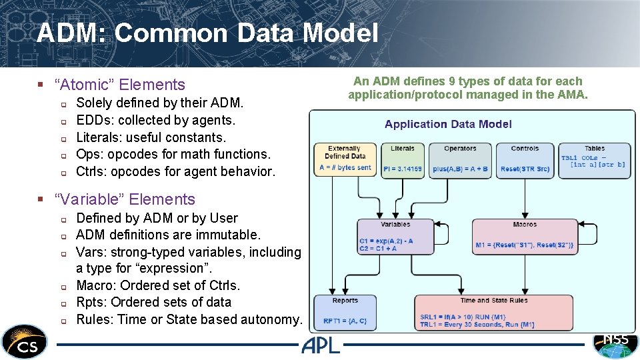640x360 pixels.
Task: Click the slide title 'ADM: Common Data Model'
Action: pos(207,33)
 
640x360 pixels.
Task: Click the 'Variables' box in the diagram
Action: pos(395,237)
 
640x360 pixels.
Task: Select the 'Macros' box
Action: pos(524,237)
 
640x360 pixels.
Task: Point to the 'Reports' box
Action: pos(345,312)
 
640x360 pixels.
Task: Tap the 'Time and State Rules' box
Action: pos(493,312)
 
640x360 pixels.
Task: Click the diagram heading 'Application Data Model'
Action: pos(448,124)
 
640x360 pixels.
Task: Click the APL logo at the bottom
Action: pos(320,345)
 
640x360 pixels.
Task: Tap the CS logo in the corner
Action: pos(25,342)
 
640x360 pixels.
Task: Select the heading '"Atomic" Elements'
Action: pos(120,85)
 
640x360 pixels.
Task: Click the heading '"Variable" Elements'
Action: pos(125,199)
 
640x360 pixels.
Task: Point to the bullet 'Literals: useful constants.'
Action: pos(151,137)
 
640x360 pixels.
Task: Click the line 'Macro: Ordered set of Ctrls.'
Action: pos(158,285)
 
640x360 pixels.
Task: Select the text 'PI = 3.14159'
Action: pos(403,169)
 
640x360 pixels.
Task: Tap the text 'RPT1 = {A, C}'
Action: pos(345,321)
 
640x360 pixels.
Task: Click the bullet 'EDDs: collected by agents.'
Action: pos(156,120)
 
